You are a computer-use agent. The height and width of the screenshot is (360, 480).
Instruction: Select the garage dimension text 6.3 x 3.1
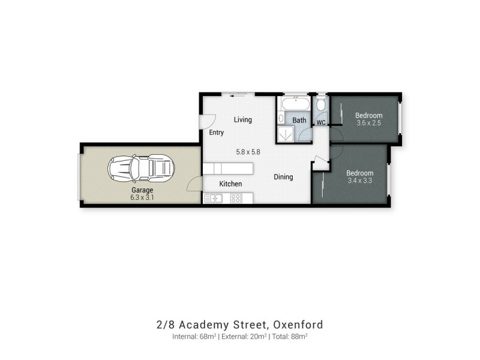coord(142,197)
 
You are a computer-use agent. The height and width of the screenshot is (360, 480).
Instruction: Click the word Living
coord(243,119)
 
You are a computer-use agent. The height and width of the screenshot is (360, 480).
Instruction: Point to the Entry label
coord(217,133)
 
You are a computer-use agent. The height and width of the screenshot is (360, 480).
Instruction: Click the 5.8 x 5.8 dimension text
coord(248,152)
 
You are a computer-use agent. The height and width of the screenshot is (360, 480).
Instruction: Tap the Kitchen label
coord(230,184)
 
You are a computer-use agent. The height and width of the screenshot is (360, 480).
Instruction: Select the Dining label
coord(283,177)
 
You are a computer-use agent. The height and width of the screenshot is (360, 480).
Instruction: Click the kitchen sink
coord(214,198)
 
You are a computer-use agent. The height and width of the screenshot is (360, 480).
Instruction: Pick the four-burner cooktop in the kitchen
coord(236,198)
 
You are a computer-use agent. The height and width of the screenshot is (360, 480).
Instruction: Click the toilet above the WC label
coord(321,105)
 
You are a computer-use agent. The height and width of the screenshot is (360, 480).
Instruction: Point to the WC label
coord(320,122)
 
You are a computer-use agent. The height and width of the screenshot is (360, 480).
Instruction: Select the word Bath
coord(299,120)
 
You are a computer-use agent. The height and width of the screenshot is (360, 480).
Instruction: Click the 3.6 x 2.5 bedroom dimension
coord(368,123)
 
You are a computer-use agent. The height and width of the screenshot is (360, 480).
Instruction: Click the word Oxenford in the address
coord(298,325)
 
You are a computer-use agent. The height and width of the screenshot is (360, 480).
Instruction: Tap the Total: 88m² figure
coord(292,336)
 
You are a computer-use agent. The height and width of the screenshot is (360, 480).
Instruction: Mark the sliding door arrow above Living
coord(238,94)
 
